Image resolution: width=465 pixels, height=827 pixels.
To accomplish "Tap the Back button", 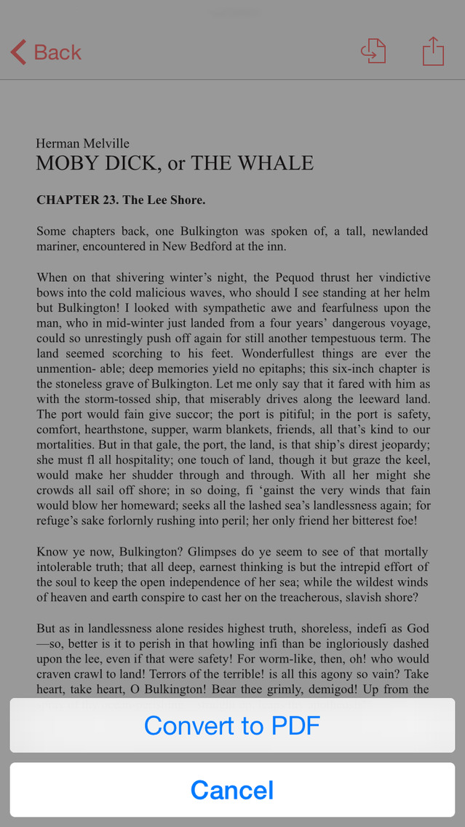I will tap(46, 52).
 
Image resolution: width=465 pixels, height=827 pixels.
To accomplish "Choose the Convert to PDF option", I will tap(232, 725).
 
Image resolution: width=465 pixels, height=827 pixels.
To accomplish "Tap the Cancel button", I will tap(232, 790).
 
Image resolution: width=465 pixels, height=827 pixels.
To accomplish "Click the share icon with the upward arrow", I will tap(433, 52).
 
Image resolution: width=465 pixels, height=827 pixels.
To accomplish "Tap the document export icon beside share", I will tap(373, 52).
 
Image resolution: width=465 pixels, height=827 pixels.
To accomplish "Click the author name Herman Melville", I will tap(83, 143).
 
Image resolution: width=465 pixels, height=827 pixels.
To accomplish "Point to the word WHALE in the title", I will tap(274, 163).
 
